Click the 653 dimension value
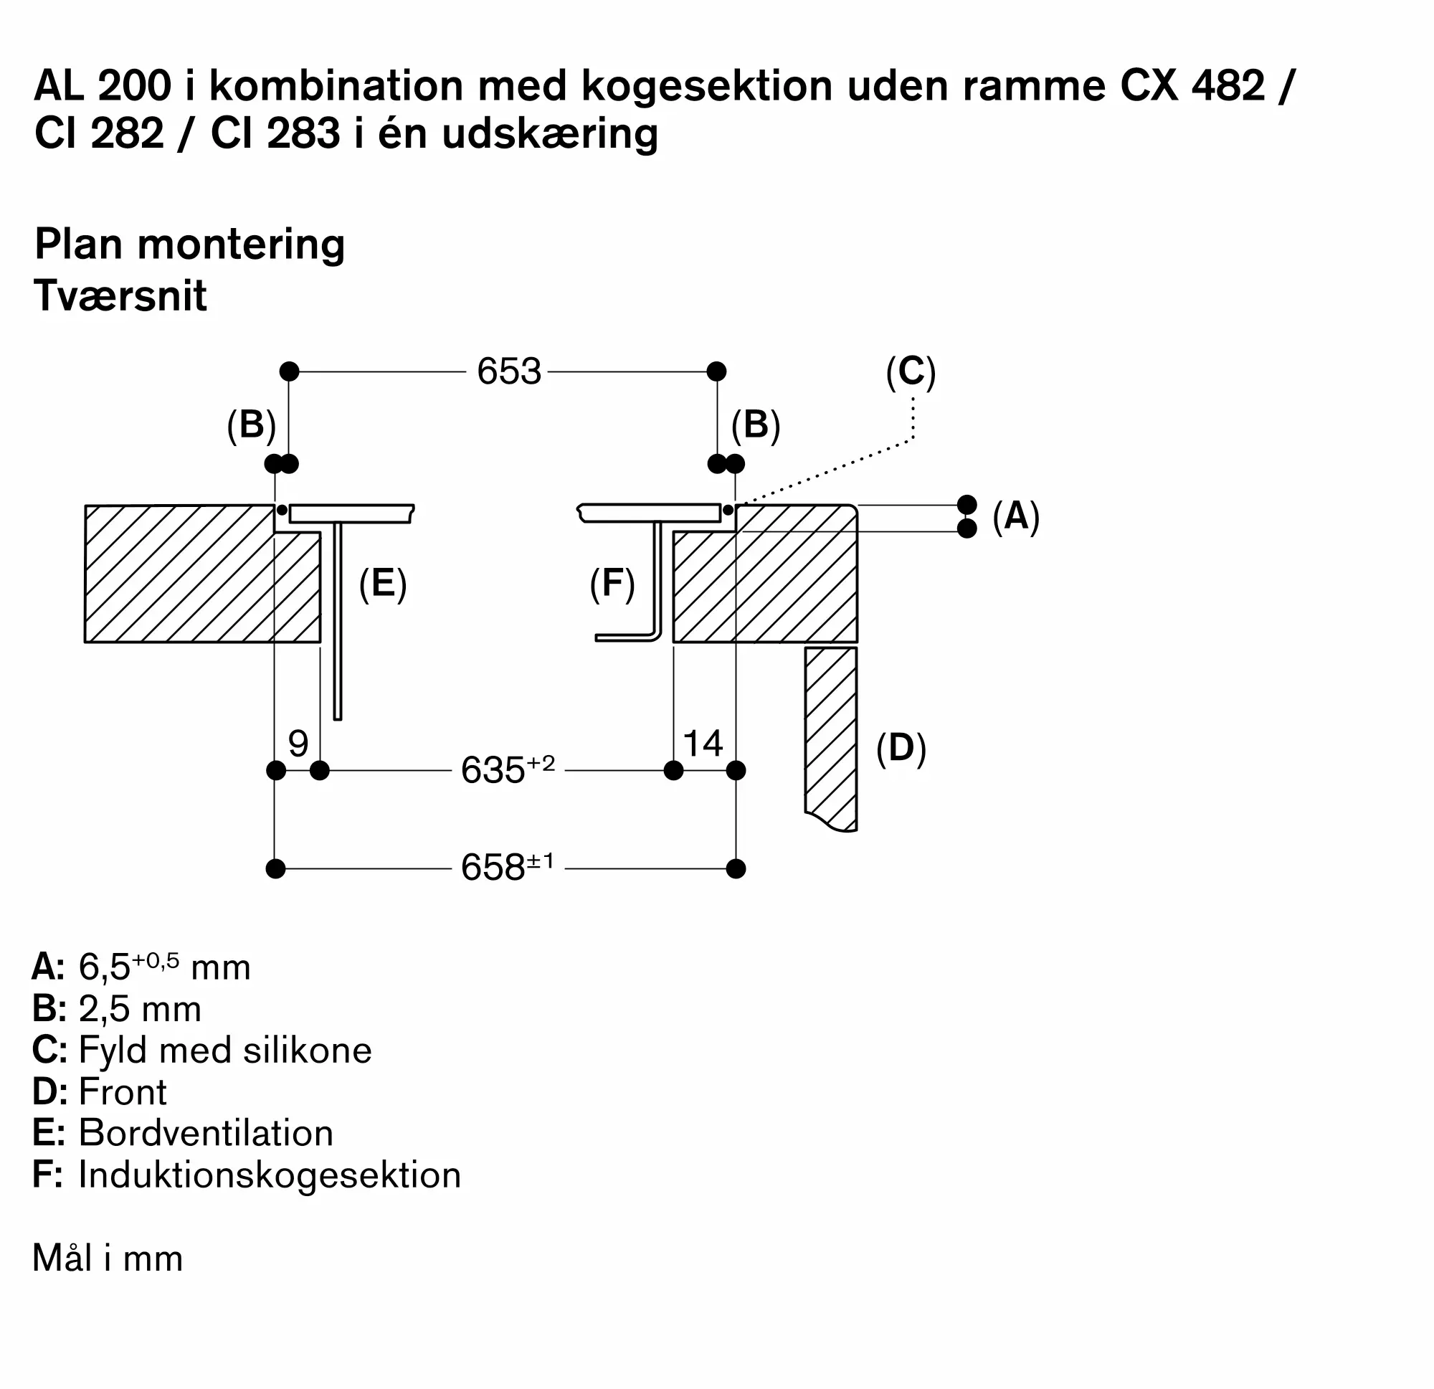508,371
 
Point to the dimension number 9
298,744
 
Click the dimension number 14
703,744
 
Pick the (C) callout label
910,371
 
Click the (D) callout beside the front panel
901,748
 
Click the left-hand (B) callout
251,425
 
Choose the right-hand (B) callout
756,425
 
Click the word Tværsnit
120,295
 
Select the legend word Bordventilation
206,1133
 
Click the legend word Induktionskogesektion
270,1175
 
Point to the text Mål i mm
108,1258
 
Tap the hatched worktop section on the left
179,574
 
